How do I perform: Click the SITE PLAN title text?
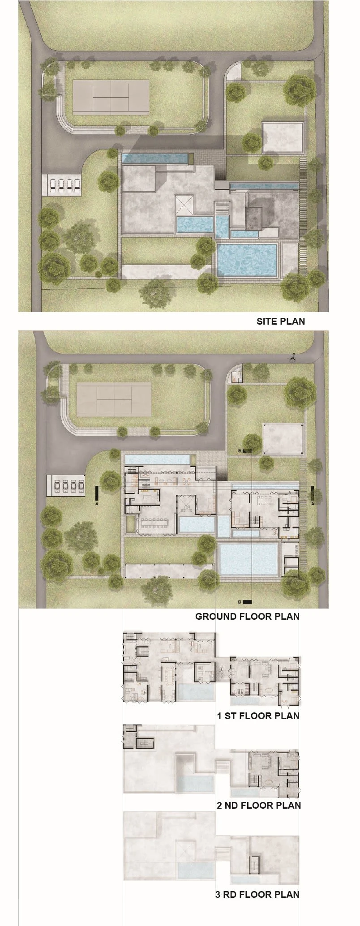(281, 321)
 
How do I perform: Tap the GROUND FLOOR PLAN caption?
(247, 616)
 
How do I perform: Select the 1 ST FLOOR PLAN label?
(258, 716)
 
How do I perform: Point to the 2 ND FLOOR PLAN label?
(259, 805)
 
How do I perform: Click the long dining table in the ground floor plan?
(154, 523)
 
